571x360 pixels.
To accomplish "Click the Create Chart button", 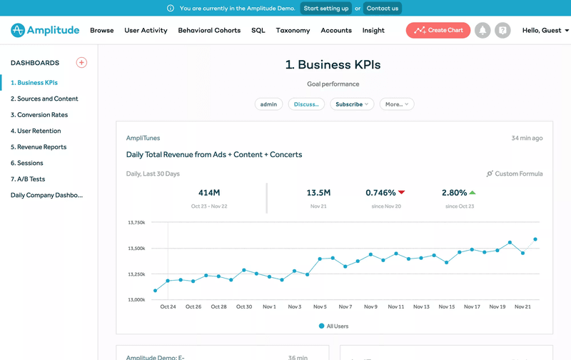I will click(x=439, y=30).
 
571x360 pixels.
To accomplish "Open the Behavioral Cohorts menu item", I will click(x=209, y=31).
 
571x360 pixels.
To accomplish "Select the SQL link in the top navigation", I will click(x=258, y=31).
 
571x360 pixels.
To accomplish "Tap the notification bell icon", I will click(x=482, y=30).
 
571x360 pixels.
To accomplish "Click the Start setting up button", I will click(x=326, y=9).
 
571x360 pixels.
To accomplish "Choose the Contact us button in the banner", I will click(x=383, y=9).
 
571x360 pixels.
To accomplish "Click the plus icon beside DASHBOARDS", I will click(x=81, y=63).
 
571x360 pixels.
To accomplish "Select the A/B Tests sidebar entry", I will click(x=28, y=179).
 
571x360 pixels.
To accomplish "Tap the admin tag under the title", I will click(x=268, y=104).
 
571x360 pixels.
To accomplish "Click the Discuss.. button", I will click(x=306, y=104).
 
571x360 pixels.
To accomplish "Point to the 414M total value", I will click(x=209, y=193).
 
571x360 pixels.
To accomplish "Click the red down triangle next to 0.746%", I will click(x=402, y=192).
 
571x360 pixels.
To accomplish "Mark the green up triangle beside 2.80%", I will click(x=473, y=192).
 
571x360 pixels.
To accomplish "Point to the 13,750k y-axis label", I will click(x=136, y=223).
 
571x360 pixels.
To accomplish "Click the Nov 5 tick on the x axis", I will click(x=320, y=306).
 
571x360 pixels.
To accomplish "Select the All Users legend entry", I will click(x=333, y=326).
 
